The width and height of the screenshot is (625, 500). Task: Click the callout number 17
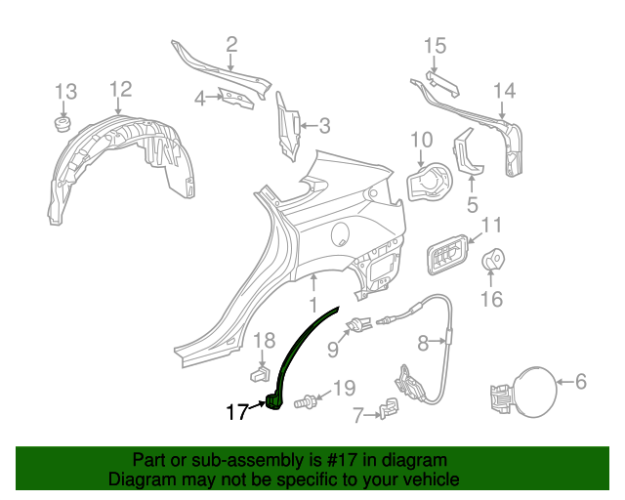coord(237,412)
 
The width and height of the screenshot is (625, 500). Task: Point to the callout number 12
coord(119,90)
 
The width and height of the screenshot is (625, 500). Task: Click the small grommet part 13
coord(62,125)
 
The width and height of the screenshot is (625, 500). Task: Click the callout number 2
coord(231,43)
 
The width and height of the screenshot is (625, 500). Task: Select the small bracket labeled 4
coord(233,98)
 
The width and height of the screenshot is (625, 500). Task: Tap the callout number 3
coord(324,125)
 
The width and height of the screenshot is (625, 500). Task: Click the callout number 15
coord(435,45)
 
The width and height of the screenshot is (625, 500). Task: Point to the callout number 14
coord(503,91)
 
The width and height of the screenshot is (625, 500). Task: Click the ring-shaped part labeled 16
coord(495,260)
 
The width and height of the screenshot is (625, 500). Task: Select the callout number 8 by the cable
coord(424,343)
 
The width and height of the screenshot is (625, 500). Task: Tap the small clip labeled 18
coord(260,373)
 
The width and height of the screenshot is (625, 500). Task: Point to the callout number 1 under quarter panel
coord(314,283)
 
